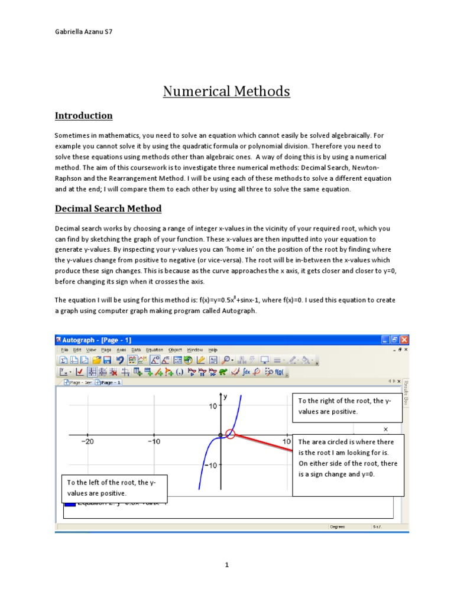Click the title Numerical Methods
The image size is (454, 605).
click(226, 91)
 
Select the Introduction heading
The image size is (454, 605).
click(83, 115)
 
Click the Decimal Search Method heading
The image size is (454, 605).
click(108, 209)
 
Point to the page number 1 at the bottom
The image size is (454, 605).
click(226, 565)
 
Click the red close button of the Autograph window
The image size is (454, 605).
click(404, 340)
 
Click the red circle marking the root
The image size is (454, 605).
click(231, 434)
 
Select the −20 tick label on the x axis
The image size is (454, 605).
click(87, 442)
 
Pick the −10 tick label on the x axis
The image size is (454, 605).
click(153, 442)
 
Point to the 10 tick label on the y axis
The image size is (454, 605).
click(212, 406)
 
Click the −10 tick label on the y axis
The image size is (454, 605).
click(210, 465)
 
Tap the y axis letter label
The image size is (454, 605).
click(225, 398)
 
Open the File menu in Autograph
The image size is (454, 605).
click(65, 350)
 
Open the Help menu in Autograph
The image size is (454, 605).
click(212, 350)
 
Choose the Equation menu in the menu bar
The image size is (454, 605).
click(154, 350)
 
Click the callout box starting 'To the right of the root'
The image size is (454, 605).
click(347, 406)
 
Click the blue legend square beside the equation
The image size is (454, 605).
click(69, 503)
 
